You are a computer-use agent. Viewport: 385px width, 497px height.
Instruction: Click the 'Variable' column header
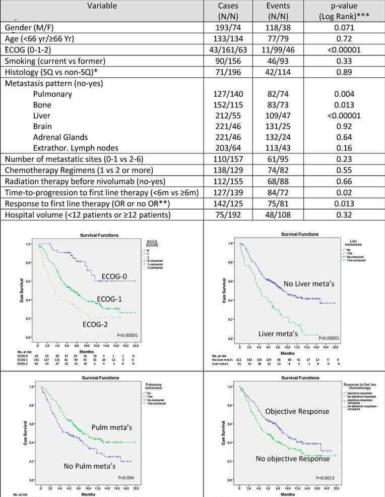[102, 7]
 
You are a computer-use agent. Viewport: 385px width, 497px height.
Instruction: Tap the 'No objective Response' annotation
[292, 459]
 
